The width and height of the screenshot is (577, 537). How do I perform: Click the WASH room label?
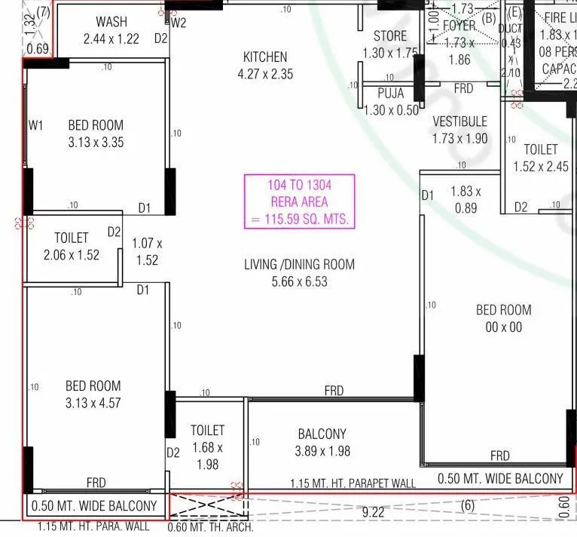111,22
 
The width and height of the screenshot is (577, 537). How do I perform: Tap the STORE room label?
390,36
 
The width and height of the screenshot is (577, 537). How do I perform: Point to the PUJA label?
390,94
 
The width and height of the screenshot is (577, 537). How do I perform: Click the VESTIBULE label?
459,121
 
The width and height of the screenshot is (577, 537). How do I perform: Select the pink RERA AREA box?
299,201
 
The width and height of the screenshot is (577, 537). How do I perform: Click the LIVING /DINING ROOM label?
299,265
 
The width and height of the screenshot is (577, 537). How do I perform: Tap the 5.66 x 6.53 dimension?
299,281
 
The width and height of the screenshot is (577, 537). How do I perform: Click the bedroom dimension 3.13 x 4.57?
92,403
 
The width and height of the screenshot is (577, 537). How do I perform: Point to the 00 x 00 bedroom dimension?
504,327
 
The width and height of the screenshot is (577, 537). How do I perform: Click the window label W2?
179,23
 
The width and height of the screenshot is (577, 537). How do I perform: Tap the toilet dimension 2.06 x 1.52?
72,255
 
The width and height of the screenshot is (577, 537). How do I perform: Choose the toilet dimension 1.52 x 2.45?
540,167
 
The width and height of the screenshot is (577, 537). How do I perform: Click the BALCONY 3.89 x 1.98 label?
322,443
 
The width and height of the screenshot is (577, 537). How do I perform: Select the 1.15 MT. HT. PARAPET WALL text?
353,483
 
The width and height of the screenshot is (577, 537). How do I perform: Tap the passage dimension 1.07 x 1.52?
147,252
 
